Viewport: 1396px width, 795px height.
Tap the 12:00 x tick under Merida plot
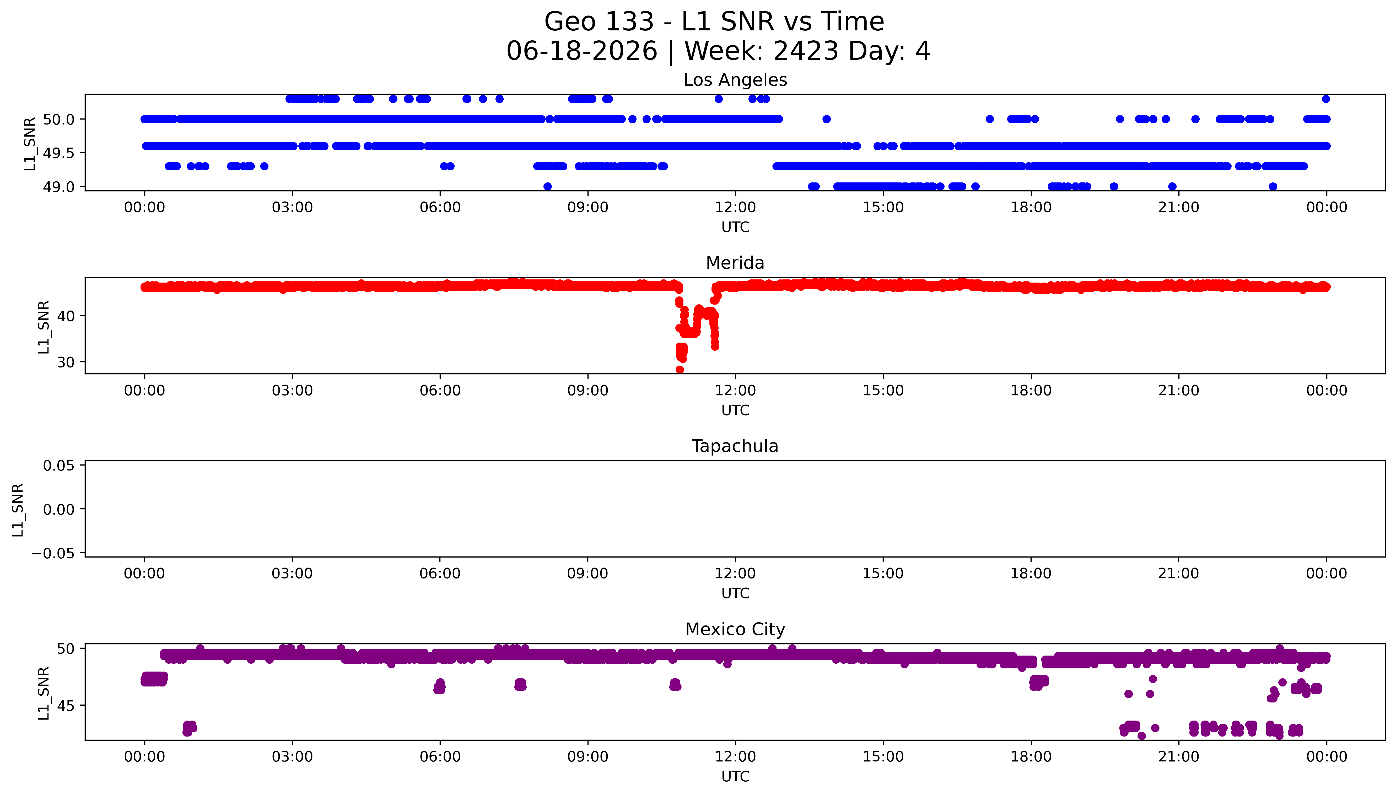(x=735, y=390)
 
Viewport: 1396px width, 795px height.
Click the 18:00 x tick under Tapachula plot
(x=1031, y=573)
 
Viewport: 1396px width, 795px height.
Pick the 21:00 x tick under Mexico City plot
(x=1179, y=757)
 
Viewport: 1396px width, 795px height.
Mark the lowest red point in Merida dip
(x=680, y=370)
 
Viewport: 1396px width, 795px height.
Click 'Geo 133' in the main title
(x=599, y=22)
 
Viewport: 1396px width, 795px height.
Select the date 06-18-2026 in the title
(x=582, y=51)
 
